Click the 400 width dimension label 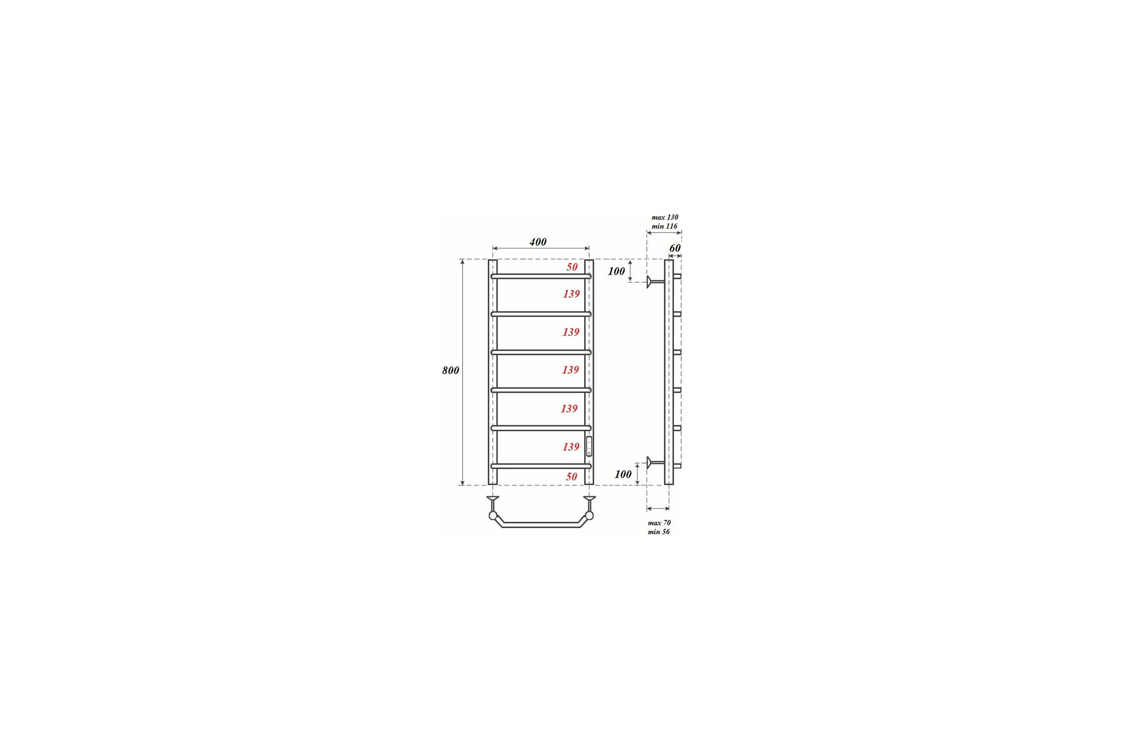(538, 242)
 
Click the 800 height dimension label (450, 370)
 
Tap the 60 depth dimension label (675, 248)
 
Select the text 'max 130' (665, 217)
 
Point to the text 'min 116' (664, 226)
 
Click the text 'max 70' (659, 523)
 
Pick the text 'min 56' (659, 532)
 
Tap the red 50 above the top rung (572, 267)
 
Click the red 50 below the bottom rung (571, 476)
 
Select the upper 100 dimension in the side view (616, 271)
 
